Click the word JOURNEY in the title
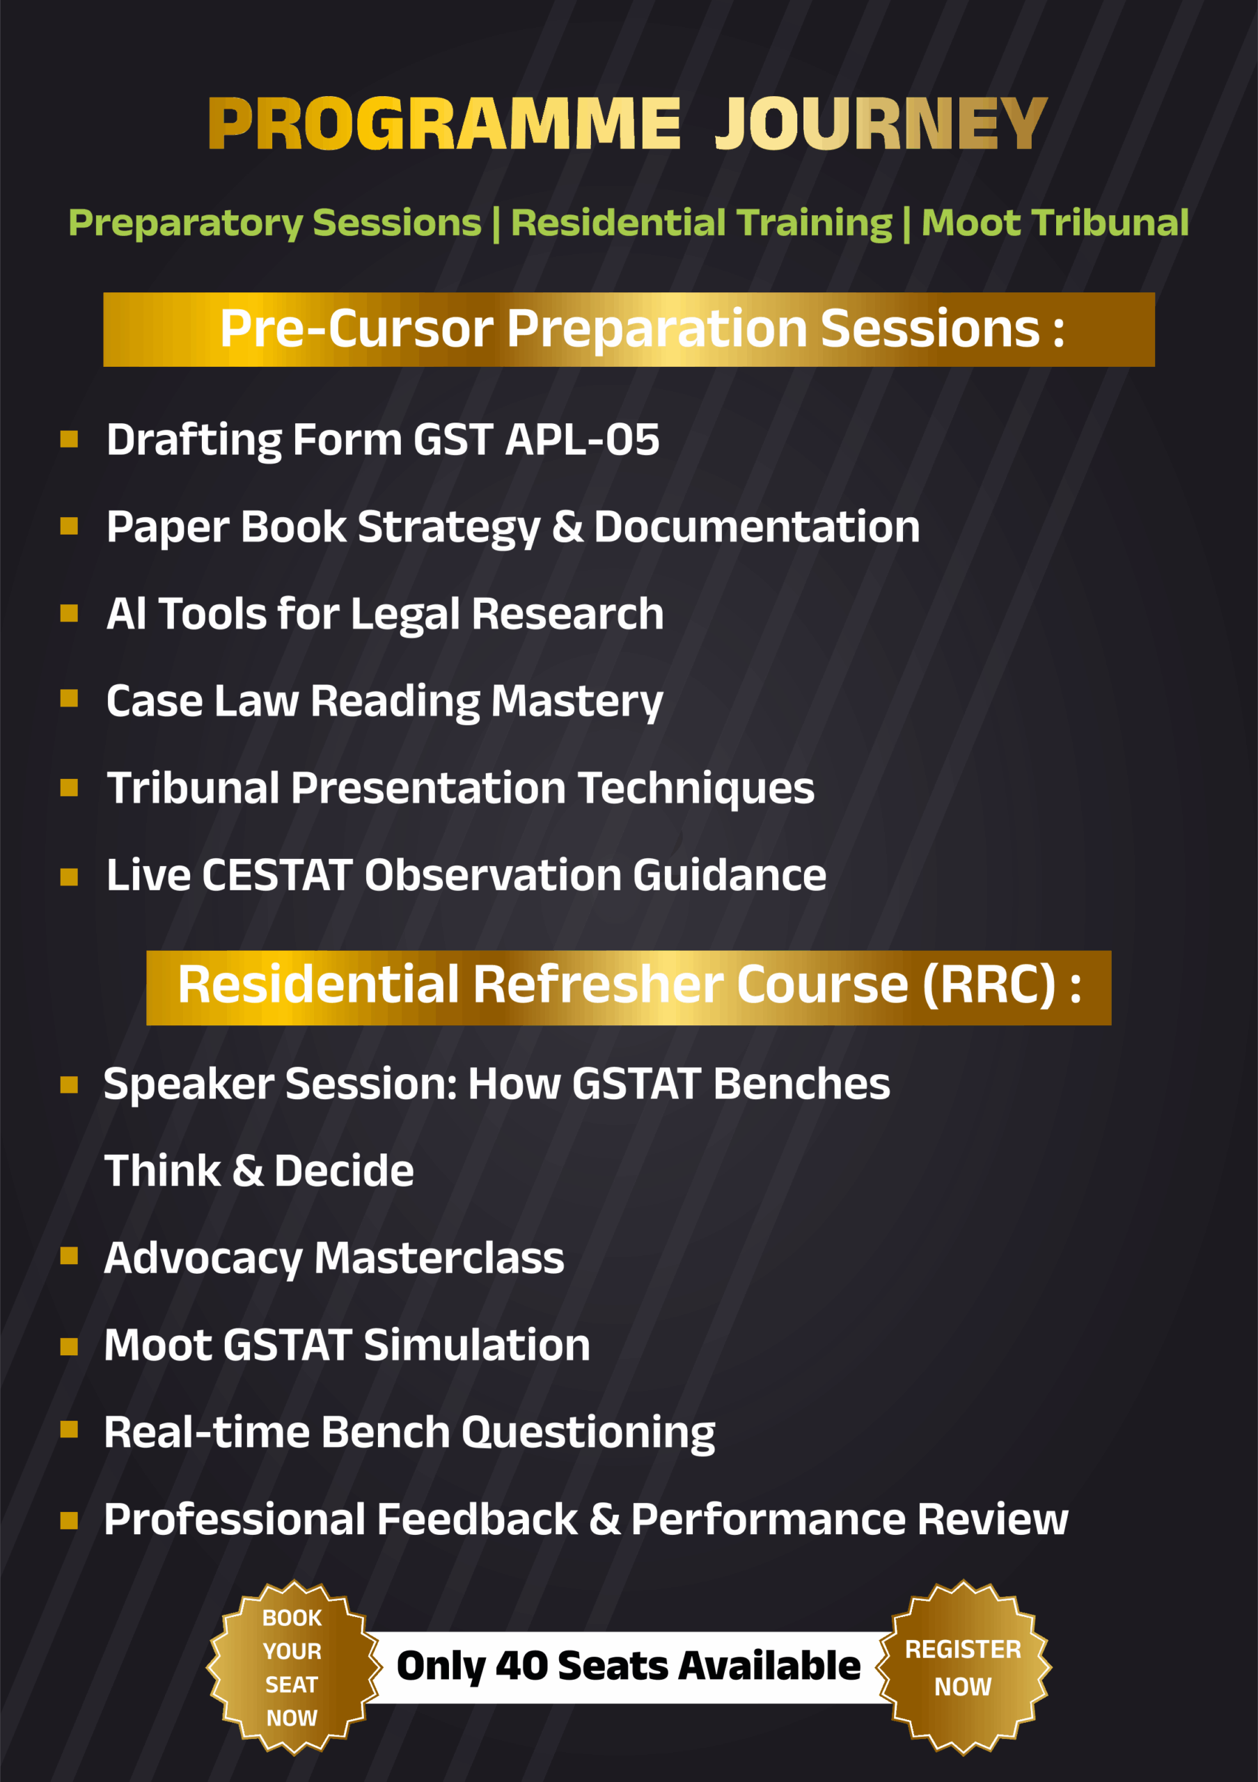pyautogui.click(x=881, y=123)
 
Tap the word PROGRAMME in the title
pyautogui.click(x=445, y=123)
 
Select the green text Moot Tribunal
pyautogui.click(x=1055, y=223)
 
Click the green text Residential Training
pyautogui.click(x=702, y=223)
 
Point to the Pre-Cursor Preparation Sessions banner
pyautogui.click(x=629, y=329)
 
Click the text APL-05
pyautogui.click(x=582, y=439)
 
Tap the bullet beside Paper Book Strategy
pyautogui.click(x=69, y=526)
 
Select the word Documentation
pyautogui.click(x=757, y=527)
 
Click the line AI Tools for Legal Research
pyautogui.click(x=385, y=615)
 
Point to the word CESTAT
pyautogui.click(x=278, y=876)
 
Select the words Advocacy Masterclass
pyautogui.click(x=333, y=1258)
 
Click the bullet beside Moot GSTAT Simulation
pyautogui.click(x=69, y=1346)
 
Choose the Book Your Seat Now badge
pyautogui.click(x=292, y=1667)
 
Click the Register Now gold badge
pyautogui.click(x=963, y=1667)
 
